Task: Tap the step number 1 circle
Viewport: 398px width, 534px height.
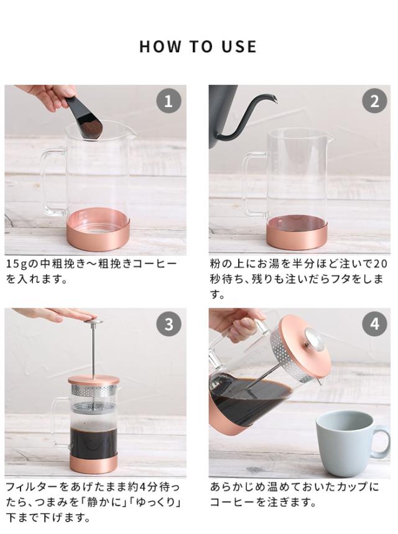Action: [x=169, y=101]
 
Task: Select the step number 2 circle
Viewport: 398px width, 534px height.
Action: [x=374, y=101]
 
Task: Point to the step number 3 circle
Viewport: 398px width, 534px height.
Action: [x=169, y=324]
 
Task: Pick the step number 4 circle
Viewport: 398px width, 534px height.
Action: [x=374, y=324]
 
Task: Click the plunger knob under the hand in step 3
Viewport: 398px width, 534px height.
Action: [x=93, y=321]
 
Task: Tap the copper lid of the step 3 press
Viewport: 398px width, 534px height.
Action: [x=94, y=380]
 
